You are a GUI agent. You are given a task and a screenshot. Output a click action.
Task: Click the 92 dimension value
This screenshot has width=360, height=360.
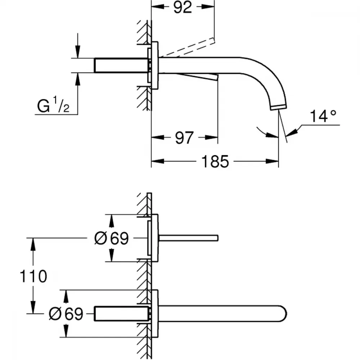tap(183, 7)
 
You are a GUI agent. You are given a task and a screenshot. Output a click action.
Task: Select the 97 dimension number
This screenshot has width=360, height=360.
tap(184, 138)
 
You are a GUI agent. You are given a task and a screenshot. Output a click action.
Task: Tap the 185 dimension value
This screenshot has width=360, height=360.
tap(215, 161)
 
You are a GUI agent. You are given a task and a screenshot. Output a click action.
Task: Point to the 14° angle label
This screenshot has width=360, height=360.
tap(323, 116)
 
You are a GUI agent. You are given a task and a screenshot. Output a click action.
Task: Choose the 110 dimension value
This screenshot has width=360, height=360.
tap(33, 276)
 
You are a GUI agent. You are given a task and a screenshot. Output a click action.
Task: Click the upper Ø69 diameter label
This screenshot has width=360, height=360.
tap(111, 238)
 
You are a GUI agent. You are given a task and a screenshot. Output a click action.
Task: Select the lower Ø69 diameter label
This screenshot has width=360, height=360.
tap(66, 314)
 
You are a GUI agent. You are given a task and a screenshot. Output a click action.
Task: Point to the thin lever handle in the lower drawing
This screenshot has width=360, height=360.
tap(188, 238)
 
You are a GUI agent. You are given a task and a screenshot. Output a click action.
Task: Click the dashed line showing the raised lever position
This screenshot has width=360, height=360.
tap(187, 47)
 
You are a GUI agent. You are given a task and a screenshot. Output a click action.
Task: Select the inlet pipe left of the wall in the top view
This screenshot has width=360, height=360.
tap(121, 66)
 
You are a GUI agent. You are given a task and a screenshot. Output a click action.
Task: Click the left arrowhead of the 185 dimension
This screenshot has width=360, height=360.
tap(158, 161)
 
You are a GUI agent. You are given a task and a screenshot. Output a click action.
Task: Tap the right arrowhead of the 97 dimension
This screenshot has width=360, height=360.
tap(211, 138)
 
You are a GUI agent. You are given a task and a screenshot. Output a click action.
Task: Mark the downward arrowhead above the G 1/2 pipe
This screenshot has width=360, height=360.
tap(78, 52)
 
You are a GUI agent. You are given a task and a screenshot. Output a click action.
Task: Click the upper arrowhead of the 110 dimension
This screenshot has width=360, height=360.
tap(33, 244)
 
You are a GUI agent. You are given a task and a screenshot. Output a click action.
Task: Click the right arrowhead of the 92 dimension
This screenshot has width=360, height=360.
tap(208, 7)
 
